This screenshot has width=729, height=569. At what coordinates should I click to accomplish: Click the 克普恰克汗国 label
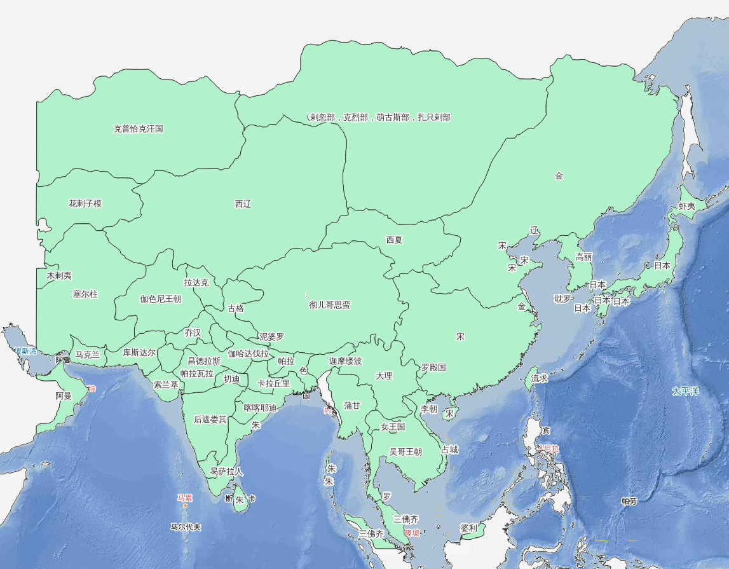[x=139, y=129]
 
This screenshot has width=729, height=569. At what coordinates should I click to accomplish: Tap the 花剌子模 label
[x=85, y=204]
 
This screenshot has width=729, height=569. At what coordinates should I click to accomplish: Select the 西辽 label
[x=243, y=204]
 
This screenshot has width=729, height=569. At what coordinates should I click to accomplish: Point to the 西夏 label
[x=394, y=240]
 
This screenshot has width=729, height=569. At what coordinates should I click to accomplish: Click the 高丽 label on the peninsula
[x=583, y=257]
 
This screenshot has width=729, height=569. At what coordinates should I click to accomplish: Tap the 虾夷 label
[x=686, y=207]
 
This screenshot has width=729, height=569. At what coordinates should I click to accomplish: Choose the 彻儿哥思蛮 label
[x=329, y=305]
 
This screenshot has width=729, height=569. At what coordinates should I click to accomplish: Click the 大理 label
[x=384, y=376]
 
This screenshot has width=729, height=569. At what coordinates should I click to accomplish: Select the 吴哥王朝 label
[x=405, y=452]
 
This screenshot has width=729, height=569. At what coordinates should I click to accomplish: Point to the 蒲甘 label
[x=351, y=405]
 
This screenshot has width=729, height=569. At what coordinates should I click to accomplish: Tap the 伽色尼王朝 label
[x=161, y=299]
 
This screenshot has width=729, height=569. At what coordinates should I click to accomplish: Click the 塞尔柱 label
[x=85, y=294]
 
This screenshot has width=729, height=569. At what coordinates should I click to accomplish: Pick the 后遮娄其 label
[x=210, y=420]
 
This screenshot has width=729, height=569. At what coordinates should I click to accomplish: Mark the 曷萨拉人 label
[x=226, y=472]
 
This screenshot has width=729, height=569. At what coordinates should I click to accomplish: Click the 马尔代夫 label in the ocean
[x=186, y=527]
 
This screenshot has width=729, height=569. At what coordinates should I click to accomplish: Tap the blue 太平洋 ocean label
[x=685, y=391]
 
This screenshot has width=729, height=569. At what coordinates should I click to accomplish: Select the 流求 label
[x=540, y=378]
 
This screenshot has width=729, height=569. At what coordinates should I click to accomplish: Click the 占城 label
[x=449, y=449]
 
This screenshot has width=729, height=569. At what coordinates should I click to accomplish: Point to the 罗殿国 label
[x=433, y=367]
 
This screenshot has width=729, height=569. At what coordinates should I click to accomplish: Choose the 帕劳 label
[x=629, y=501]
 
